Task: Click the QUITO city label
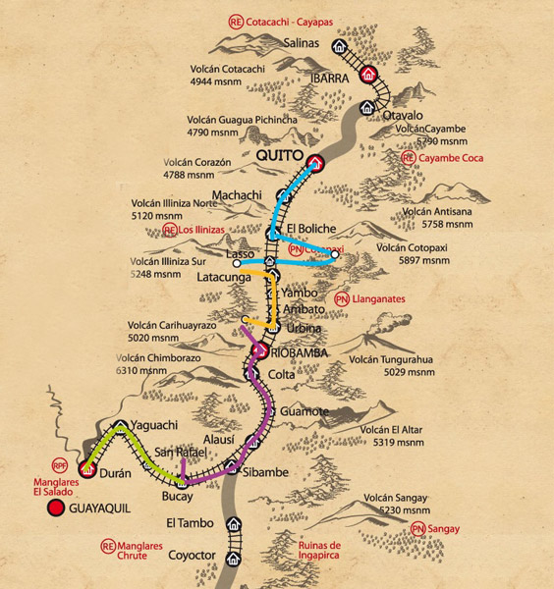pos(279,156)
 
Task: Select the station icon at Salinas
pos(339,45)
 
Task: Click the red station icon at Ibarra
pos(368,74)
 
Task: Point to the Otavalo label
pos(387,116)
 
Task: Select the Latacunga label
pos(225,278)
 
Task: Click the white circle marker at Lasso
pos(237,263)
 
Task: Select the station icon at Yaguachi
pos(120,428)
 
